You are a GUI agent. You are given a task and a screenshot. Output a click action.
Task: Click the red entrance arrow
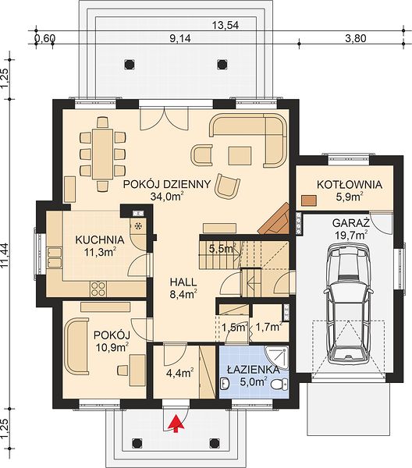176,424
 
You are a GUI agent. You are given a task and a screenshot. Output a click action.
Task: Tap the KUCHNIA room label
100,239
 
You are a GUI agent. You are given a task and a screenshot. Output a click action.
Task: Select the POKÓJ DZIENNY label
167,184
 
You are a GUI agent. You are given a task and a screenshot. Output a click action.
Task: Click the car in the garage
349,303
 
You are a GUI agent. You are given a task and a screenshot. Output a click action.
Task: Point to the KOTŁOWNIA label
350,184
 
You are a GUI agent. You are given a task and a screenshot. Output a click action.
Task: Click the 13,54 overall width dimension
226,26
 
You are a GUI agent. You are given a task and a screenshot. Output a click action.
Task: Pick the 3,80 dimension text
356,38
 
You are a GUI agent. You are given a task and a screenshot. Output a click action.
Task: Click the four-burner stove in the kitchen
98,289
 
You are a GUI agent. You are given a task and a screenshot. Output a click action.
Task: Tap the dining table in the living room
102,154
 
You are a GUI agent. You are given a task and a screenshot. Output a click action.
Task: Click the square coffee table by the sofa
240,155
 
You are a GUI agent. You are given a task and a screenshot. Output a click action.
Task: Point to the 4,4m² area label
179,373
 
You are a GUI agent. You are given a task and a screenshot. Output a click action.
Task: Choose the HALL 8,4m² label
183,288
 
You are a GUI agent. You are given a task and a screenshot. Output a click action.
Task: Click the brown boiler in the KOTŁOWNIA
308,200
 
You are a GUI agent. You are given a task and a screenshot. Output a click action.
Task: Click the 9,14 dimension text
180,38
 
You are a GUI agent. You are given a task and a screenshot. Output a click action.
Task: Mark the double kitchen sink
54,257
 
